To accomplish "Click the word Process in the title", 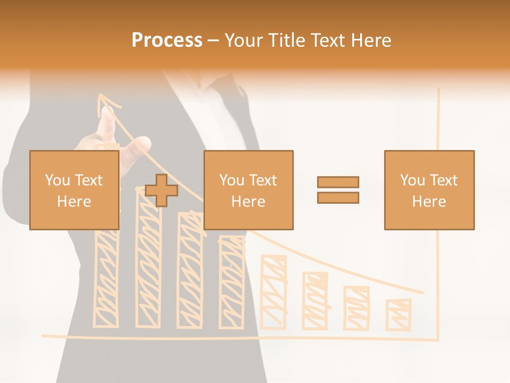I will (167, 40).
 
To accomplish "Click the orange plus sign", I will (161, 190).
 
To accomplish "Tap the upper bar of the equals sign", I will (338, 182).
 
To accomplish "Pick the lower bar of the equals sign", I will (338, 197).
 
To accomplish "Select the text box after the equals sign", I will (429, 190).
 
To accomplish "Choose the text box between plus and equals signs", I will (248, 190).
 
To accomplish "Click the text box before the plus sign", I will (74, 190).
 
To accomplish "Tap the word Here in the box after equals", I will (429, 202).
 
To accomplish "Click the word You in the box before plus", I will (57, 180).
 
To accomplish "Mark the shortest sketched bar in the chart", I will (398, 314).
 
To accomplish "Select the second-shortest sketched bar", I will (356, 308).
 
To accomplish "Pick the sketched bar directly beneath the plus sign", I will (148, 266).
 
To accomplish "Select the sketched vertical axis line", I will (438, 213).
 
